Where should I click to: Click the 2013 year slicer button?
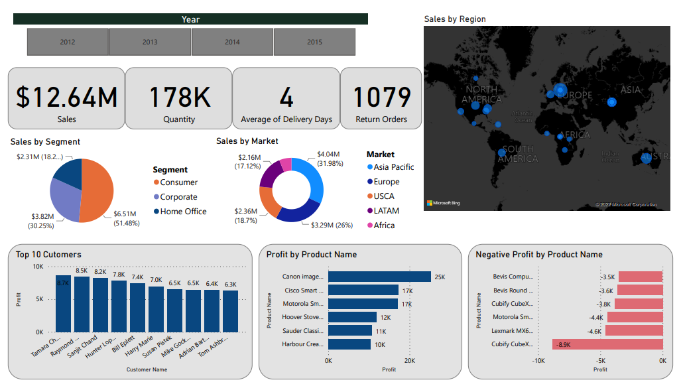click(150, 42)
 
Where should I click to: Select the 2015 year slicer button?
click(314, 42)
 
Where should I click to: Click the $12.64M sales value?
click(66, 97)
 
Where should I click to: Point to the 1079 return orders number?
click(381, 97)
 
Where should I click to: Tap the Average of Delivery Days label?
click(286, 119)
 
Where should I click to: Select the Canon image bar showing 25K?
click(379, 277)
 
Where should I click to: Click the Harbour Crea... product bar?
click(349, 344)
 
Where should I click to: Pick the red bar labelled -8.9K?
click(607, 344)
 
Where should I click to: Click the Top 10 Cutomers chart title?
click(49, 254)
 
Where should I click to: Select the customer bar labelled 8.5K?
click(82, 304)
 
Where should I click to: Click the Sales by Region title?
click(455, 19)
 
